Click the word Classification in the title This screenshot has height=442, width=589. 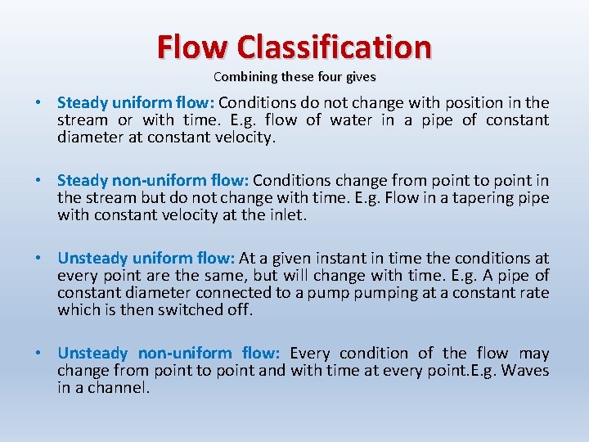(x=334, y=47)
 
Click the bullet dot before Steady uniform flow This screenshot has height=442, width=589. (x=38, y=103)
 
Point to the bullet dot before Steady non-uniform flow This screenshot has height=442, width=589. (x=38, y=181)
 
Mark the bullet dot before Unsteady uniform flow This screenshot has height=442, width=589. (x=38, y=259)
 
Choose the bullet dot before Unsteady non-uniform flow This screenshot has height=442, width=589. (x=38, y=354)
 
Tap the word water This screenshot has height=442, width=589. (x=353, y=120)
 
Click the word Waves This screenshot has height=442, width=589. (x=524, y=371)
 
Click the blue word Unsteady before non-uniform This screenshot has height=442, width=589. (x=92, y=354)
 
